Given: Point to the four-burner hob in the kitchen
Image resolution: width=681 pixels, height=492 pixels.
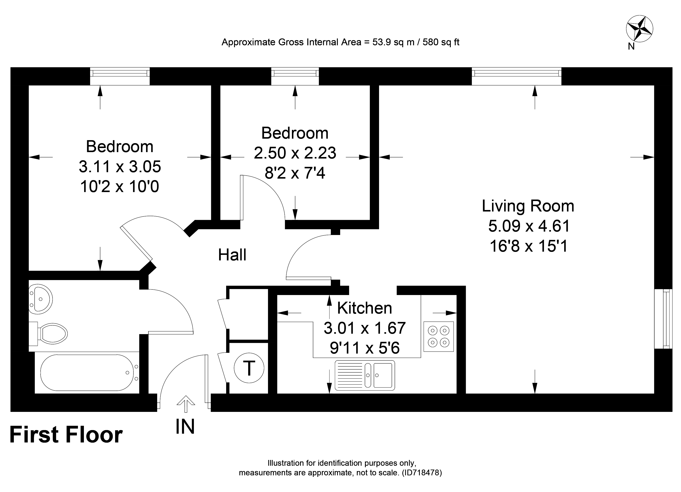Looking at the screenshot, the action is coord(438,336).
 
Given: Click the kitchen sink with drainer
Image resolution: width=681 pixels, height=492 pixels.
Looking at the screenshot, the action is coord(365,375).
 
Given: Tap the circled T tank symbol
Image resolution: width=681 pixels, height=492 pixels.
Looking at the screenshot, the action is coord(249,368).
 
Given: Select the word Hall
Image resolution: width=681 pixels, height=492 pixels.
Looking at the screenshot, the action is coord(232,255).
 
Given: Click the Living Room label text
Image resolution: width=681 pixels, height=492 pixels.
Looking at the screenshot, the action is coord(528,206).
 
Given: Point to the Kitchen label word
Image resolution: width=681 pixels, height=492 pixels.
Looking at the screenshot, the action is coord(365,308).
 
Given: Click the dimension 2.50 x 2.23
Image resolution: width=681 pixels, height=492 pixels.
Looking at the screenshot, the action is coord(295,153).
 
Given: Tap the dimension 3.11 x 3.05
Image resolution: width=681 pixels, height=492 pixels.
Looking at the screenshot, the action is coord(120,166).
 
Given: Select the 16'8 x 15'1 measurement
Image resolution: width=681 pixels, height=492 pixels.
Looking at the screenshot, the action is coord(529,246).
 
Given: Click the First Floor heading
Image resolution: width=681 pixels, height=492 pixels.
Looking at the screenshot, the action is coord(66,435).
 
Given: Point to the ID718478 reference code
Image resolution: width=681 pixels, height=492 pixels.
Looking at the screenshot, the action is coord(422,473).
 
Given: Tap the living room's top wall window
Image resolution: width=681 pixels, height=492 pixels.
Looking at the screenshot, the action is coord(516,76).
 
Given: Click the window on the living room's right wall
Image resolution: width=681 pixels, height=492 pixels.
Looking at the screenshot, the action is coord(663,319).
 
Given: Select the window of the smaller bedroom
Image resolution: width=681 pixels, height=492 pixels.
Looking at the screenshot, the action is coord(295,76).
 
